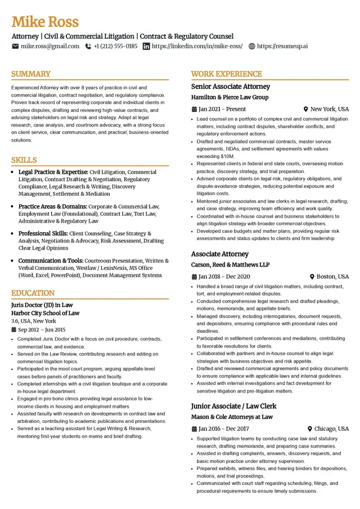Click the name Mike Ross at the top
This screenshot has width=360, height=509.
45,22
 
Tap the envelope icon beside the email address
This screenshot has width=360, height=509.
15,46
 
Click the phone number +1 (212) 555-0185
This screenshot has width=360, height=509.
115,46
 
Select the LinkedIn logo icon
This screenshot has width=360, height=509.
146,46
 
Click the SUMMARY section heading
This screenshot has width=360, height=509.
31,74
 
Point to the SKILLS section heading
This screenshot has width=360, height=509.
24,160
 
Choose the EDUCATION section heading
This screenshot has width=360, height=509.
33,293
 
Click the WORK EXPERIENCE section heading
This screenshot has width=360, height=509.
227,74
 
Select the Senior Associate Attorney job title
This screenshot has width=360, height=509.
231,87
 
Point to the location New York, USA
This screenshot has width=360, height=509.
330,109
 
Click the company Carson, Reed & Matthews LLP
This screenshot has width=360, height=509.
230,265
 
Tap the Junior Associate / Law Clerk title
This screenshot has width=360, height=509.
233,406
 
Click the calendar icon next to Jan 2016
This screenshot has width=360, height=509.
194,429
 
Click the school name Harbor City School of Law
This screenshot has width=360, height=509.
45,313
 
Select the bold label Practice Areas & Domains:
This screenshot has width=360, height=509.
53,206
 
